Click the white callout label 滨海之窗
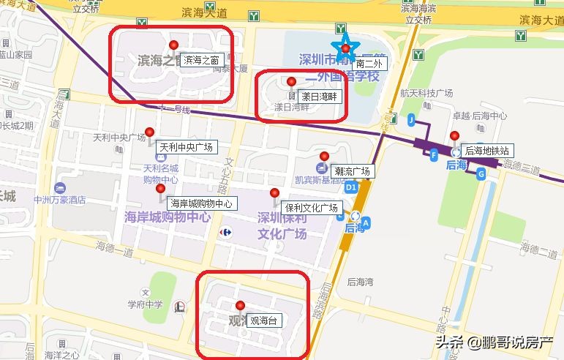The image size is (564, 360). [201, 60]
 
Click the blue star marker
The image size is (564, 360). [345, 48]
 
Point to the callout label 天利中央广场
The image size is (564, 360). [186, 147]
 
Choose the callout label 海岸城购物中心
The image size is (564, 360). [200, 203]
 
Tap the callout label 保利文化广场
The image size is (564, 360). [311, 206]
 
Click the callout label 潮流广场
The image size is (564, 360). [351, 171]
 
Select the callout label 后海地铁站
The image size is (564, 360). [488, 150]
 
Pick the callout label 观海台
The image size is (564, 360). [264, 320]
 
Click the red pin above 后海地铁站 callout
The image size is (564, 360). [454, 136]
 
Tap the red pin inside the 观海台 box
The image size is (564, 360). [239, 306]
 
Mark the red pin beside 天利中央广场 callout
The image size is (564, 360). [150, 132]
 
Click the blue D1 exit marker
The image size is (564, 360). [351, 187]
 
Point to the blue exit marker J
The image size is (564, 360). [412, 119]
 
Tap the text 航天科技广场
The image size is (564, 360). [427, 93]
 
